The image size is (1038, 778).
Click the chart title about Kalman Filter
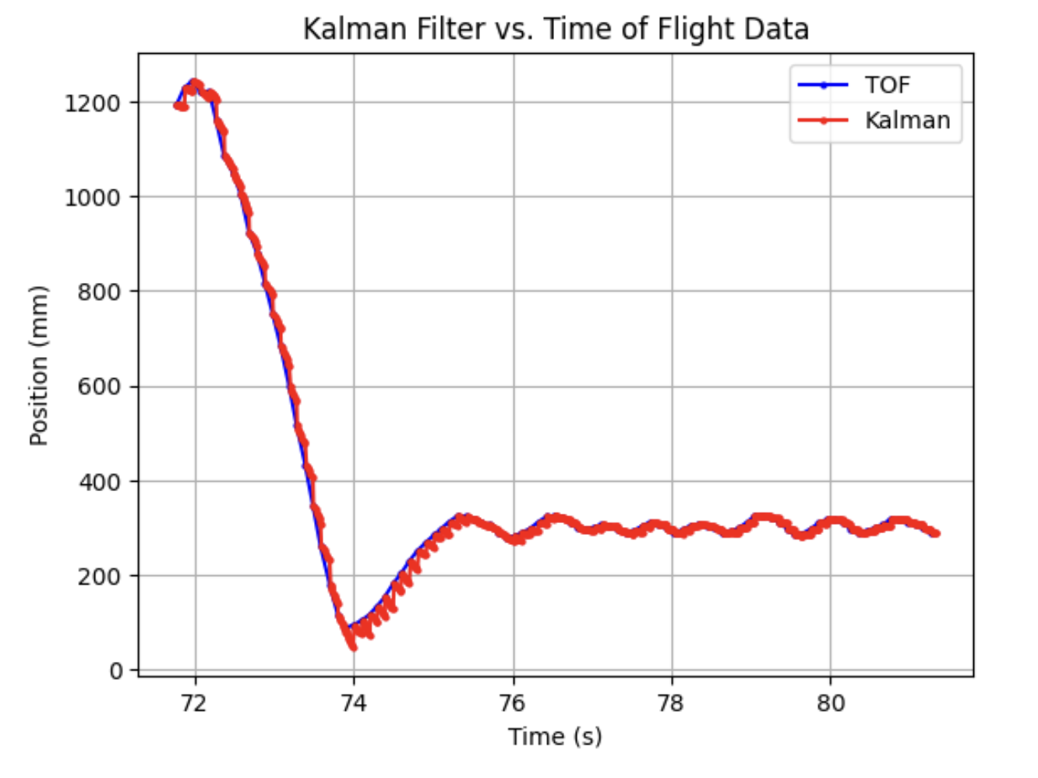pyautogui.click(x=556, y=30)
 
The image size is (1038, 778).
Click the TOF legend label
pyautogui.click(x=887, y=85)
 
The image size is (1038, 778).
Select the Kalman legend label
pyautogui.click(x=907, y=121)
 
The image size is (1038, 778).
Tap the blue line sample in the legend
pyautogui.click(x=823, y=85)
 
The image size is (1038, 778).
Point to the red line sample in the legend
pyautogui.click(x=823, y=121)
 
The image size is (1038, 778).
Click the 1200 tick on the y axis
pyautogui.click(x=93, y=103)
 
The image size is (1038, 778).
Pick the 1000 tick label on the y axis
pyautogui.click(x=93, y=197)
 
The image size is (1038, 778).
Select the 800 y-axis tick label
pyautogui.click(x=100, y=292)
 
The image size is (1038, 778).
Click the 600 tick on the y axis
pyautogui.click(x=100, y=387)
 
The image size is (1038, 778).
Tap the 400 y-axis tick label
pyautogui.click(x=100, y=482)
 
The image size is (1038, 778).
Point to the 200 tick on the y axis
pyautogui.click(x=100, y=577)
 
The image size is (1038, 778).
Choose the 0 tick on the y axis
pyautogui.click(x=116, y=671)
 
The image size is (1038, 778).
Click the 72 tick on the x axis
pyautogui.click(x=194, y=703)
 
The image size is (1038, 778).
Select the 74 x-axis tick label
pyautogui.click(x=353, y=703)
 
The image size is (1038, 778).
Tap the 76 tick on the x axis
pyautogui.click(x=513, y=703)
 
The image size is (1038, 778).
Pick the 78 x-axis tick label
pyautogui.click(x=671, y=703)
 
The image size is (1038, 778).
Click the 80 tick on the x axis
pyautogui.click(x=831, y=703)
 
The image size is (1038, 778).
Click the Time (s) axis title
pyautogui.click(x=555, y=737)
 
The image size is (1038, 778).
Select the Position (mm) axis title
pyautogui.click(x=39, y=366)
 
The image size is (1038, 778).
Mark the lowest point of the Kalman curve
pyautogui.click(x=353, y=647)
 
